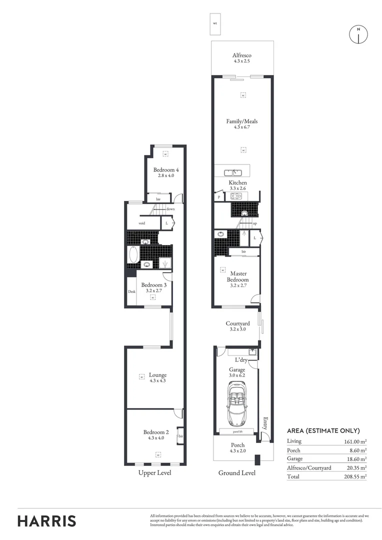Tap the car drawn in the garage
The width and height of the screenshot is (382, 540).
pos(237,402)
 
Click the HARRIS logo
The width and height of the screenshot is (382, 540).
pos(47,520)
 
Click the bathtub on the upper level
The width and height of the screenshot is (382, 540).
pos(133,255)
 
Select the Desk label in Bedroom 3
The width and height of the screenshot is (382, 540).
pos(131,292)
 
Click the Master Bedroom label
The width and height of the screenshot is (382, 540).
pos(239,276)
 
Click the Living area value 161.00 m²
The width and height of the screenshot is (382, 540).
pos(354,441)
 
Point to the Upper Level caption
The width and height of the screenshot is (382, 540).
pos(154,473)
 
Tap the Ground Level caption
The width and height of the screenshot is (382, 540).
pos(237,473)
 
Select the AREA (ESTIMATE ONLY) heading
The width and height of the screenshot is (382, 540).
pos(323,430)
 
